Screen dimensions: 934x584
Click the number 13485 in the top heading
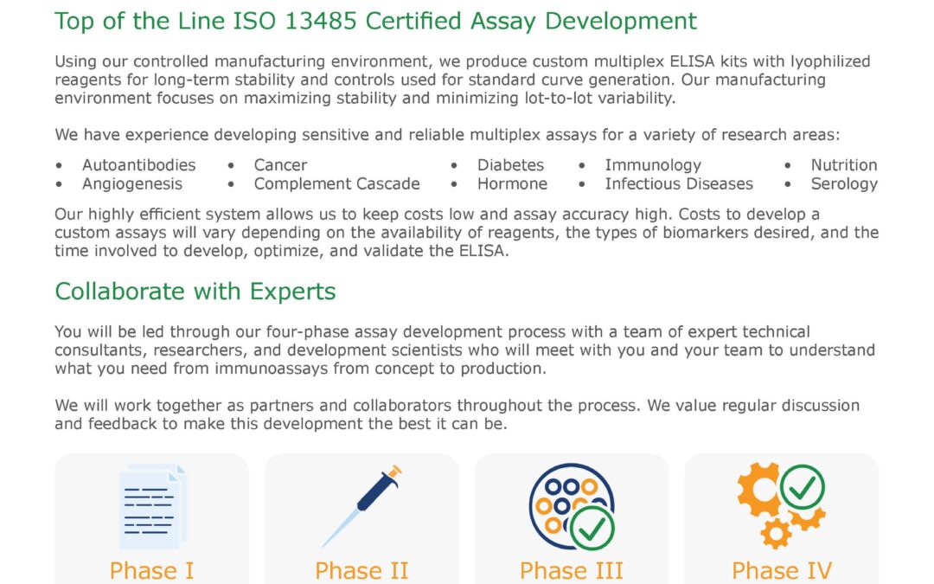tap(321, 21)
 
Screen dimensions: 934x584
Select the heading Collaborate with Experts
tap(195, 292)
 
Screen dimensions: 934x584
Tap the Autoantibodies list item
tap(138, 165)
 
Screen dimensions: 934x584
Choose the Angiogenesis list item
tap(132, 184)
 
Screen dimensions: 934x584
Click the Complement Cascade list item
tap(336, 184)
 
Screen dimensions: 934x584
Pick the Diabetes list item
tap(510, 165)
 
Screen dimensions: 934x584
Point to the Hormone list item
tap(512, 184)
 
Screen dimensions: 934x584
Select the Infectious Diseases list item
tap(679, 184)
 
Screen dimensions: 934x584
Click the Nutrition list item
tap(844, 165)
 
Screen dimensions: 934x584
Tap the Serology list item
tap(844, 184)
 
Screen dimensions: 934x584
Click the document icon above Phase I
tap(152, 506)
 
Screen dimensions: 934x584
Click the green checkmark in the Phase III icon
tap(592, 528)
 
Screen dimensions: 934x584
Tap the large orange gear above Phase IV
tap(758, 490)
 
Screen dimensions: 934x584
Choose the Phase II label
tap(361, 571)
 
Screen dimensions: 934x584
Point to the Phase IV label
tap(782, 571)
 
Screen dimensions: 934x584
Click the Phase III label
tap(572, 571)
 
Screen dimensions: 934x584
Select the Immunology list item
tap(654, 165)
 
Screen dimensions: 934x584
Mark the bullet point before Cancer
tap(231, 165)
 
